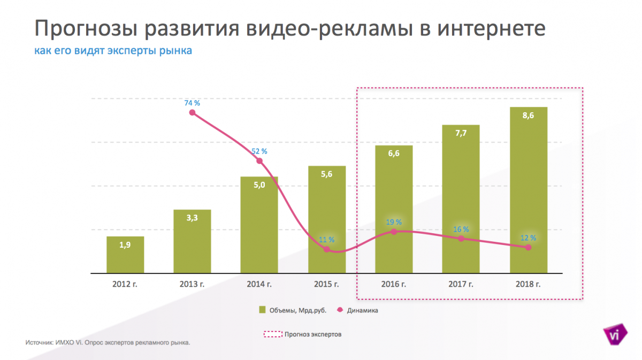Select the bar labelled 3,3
pyautogui.click(x=192, y=241)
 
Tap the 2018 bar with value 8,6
pyautogui.click(x=528, y=190)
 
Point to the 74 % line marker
pyautogui.click(x=193, y=112)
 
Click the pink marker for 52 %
pyautogui.click(x=259, y=161)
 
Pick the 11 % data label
pyautogui.click(x=326, y=240)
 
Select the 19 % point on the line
pyautogui.click(x=394, y=232)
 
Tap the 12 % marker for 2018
pyautogui.click(x=529, y=247)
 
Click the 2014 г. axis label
pyautogui.click(x=259, y=284)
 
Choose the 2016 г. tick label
pyautogui.click(x=393, y=284)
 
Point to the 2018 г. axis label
pyautogui.click(x=528, y=284)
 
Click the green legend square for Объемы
pyautogui.click(x=263, y=310)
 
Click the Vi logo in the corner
pyautogui.click(x=616, y=334)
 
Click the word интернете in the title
pyautogui.click(x=492, y=29)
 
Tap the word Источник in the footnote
pyautogui.click(x=39, y=342)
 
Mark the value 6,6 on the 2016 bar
pyautogui.click(x=393, y=154)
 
